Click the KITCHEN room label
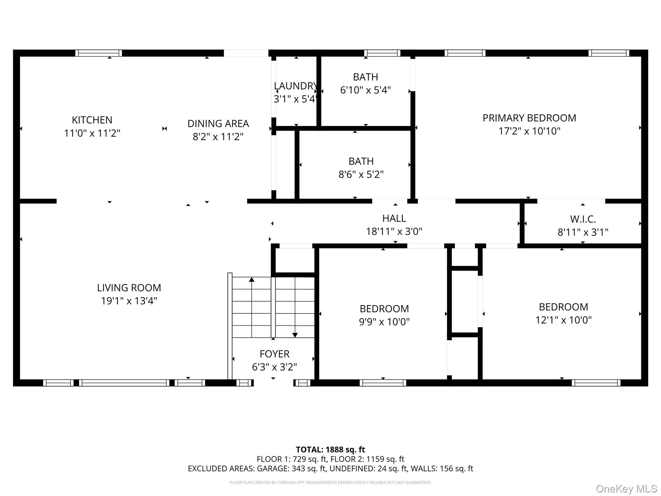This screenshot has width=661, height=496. [x=92, y=120]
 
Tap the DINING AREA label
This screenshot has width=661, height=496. [x=218, y=124]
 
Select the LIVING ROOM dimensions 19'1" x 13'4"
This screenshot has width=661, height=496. [x=129, y=301]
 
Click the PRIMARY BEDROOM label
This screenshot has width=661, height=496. [x=529, y=118]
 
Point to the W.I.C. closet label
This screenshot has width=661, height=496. [x=583, y=219]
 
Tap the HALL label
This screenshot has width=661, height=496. [x=394, y=219]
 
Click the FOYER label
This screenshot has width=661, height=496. [x=274, y=354]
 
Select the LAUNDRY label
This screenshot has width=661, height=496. [x=295, y=86]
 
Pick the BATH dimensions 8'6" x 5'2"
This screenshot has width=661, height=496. [x=361, y=175]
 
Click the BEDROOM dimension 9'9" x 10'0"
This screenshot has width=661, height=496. [x=384, y=322]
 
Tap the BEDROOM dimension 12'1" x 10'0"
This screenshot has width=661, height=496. [x=563, y=320]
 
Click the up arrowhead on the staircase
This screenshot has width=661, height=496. [x=252, y=279]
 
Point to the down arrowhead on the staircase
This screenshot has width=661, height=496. [x=295, y=335]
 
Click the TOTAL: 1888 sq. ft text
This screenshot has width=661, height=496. [x=330, y=449]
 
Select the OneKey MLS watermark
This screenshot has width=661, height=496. [x=626, y=489]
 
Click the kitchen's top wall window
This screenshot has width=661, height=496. [x=99, y=53]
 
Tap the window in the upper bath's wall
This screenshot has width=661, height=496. [x=382, y=53]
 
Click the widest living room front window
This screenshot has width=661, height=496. [x=124, y=383]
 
